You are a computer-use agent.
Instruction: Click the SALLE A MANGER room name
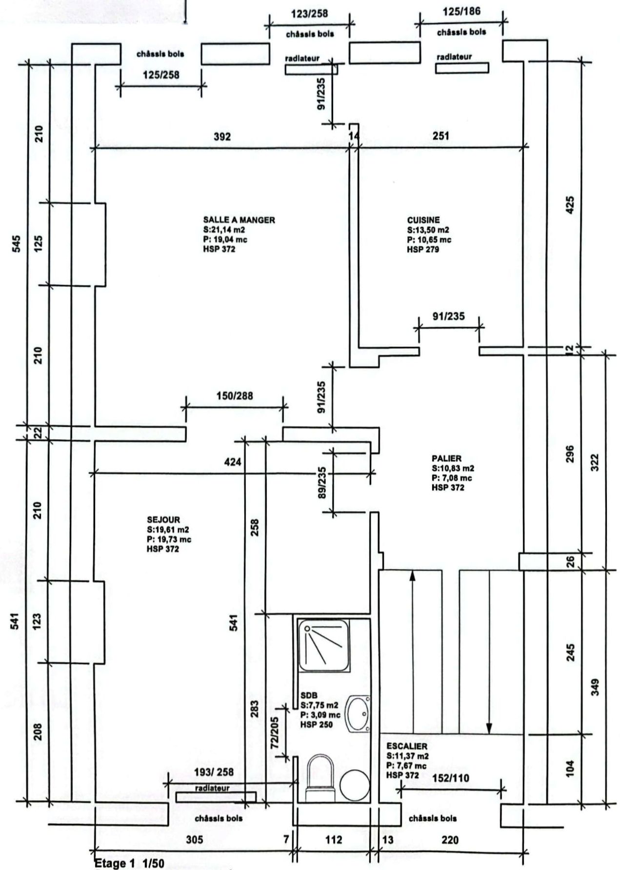239,220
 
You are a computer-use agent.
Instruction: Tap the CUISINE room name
423,220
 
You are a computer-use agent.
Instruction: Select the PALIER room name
446,458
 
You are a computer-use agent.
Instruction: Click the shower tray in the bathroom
324,645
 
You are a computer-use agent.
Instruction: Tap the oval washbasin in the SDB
358,713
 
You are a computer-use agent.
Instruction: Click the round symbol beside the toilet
355,786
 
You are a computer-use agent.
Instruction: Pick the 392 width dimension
222,136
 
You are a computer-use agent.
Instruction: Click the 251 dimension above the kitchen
440,136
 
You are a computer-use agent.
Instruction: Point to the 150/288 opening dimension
235,395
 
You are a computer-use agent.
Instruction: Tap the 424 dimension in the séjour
232,461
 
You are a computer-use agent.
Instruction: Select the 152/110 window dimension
451,778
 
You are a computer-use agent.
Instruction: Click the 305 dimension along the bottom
194,840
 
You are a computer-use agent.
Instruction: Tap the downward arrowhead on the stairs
489,728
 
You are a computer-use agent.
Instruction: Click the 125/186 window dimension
461,11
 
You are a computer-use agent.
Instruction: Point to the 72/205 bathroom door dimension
275,732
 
